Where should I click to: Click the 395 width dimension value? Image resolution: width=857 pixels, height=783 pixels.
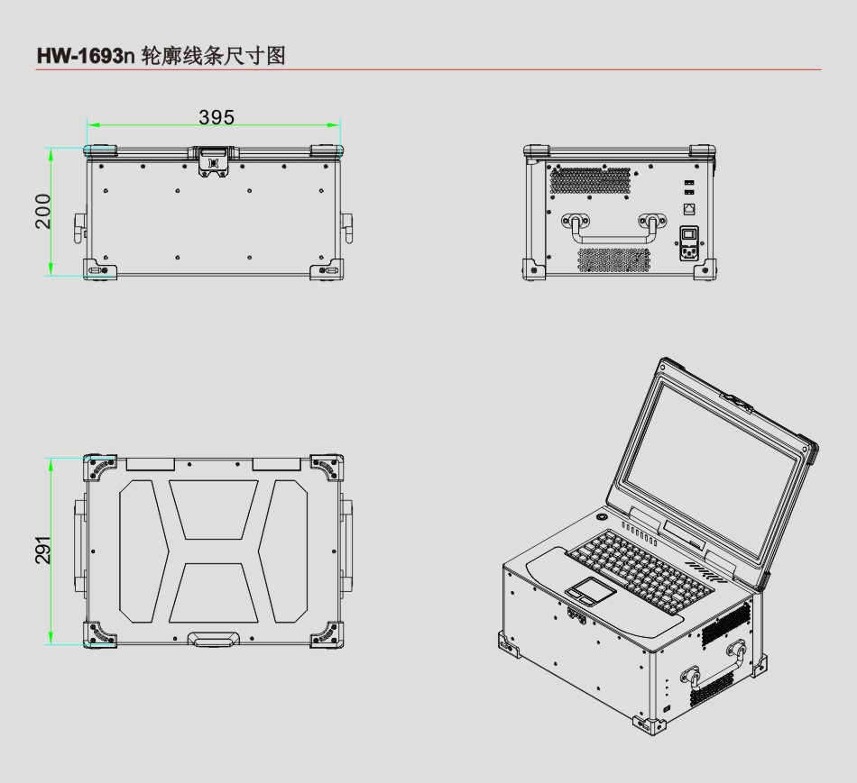tap(217, 117)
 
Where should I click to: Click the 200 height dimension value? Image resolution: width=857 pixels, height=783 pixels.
tap(42, 212)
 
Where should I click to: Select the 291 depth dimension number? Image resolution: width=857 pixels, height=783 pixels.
tap(42, 550)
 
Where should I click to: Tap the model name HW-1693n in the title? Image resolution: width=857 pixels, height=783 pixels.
tap(86, 56)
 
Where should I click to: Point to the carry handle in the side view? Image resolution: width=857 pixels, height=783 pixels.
tap(613, 228)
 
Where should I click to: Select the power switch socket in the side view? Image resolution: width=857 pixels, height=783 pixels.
tap(690, 243)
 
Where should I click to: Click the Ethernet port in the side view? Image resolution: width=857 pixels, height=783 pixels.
tap(690, 208)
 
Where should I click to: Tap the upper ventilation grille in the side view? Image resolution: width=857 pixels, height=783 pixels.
tap(590, 180)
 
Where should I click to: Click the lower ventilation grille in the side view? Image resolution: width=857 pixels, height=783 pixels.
tap(614, 259)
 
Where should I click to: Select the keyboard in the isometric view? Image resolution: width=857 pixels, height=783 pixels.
tap(640, 570)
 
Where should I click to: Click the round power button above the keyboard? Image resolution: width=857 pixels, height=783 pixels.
tap(602, 516)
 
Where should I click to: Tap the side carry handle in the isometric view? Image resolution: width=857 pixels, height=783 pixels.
tap(714, 666)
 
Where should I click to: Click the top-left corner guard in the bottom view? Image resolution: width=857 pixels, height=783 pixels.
tap(99, 468)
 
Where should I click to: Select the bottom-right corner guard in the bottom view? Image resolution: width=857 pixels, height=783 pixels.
tap(327, 634)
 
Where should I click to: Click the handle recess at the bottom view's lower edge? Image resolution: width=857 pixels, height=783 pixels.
tap(214, 639)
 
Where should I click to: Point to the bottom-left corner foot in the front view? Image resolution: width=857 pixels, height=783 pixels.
tap(99, 269)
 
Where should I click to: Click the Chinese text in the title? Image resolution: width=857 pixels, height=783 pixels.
tap(214, 56)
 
